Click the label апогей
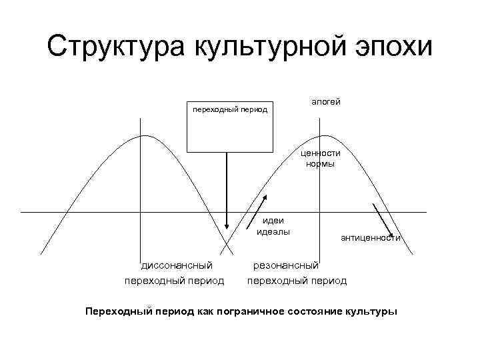point(325,101)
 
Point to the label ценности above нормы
point(320,153)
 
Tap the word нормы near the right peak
point(320,163)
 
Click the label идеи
point(273,221)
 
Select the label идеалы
point(273,231)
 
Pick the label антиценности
point(370,237)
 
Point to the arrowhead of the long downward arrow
point(227,229)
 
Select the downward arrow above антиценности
point(383,217)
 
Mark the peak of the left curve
point(141,135)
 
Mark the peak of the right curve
point(321,135)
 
